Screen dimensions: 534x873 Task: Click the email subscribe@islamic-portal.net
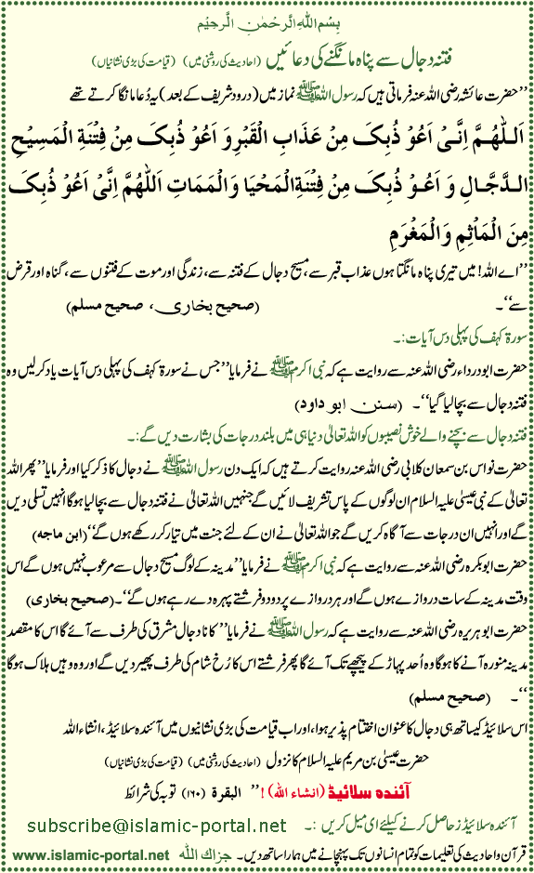[157, 799]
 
